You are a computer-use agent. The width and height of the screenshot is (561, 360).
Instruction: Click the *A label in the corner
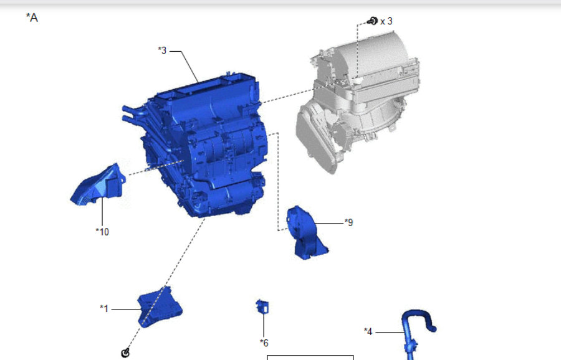click(32, 17)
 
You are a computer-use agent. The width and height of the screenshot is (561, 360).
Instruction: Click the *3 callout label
click(163, 50)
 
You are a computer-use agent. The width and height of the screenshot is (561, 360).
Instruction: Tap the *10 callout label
click(102, 232)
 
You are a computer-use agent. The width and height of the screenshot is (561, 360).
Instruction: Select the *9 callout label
click(349, 222)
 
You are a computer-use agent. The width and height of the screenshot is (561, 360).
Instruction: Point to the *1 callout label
click(104, 308)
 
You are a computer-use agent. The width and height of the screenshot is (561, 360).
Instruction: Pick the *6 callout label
click(264, 343)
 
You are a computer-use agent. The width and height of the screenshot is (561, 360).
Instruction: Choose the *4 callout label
click(368, 331)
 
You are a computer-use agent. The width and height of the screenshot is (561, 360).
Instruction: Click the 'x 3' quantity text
click(386, 21)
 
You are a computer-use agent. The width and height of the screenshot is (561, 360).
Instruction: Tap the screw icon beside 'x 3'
click(373, 21)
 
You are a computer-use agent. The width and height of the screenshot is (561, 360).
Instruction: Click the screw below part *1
click(125, 353)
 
